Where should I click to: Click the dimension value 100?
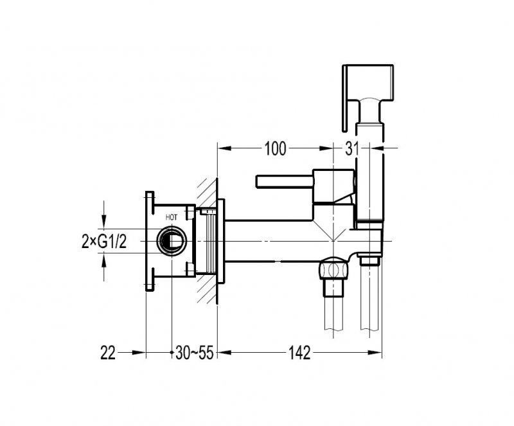click(x=276, y=148)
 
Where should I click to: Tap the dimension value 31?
click(x=352, y=148)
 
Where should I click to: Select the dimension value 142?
click(x=299, y=353)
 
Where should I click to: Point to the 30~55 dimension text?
click(x=195, y=353)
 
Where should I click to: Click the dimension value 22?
click(x=108, y=353)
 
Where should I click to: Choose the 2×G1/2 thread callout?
click(x=104, y=242)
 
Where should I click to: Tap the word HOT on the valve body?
click(x=172, y=217)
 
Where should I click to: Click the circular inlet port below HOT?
click(x=172, y=241)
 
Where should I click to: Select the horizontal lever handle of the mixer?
click(x=285, y=181)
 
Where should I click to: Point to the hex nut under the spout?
click(x=333, y=270)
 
